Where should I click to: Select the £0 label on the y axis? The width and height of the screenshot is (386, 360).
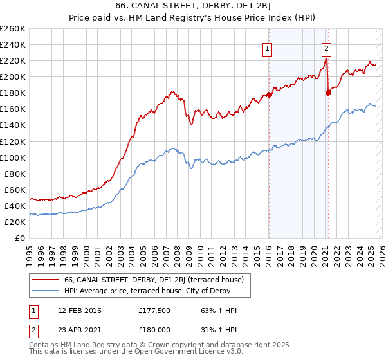click(21, 239)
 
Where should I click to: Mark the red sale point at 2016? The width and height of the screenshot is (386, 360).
click(269, 95)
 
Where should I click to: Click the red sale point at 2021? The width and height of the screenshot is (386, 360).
click(328, 93)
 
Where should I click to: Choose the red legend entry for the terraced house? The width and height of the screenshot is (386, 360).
click(153, 280)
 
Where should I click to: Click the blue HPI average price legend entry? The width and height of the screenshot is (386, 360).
click(147, 291)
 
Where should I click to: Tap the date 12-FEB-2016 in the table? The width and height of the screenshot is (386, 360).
click(79, 310)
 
